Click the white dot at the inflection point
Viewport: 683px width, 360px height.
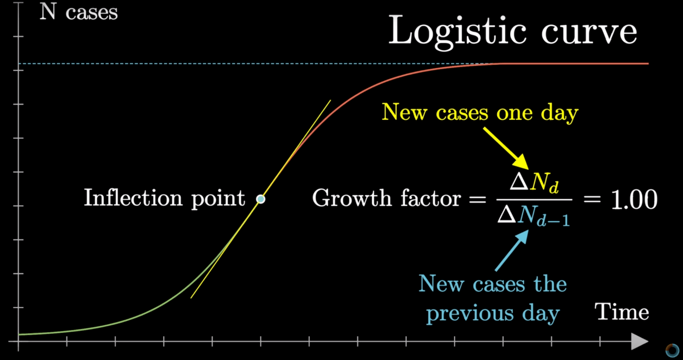pyautogui.click(x=261, y=199)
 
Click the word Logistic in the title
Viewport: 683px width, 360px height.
pyautogui.click(x=458, y=32)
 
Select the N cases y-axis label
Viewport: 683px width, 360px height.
pyautogui.click(x=79, y=12)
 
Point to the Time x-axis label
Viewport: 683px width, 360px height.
pyautogui.click(x=622, y=312)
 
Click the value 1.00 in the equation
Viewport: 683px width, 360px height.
pyautogui.click(x=634, y=199)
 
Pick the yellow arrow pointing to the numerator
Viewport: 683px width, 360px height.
pyautogui.click(x=506, y=149)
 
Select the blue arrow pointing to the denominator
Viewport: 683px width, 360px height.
pyautogui.click(x=512, y=250)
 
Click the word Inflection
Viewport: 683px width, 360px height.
pyautogui.click(x=134, y=198)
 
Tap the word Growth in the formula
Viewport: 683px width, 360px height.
pyautogui.click(x=352, y=198)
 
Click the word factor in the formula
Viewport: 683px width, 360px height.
pyautogui.click(x=431, y=198)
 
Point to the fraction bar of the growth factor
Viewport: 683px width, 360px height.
pyautogui.click(x=534, y=200)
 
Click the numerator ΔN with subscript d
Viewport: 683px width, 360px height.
pyautogui.click(x=534, y=182)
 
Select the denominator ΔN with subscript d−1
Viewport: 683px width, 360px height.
pyautogui.click(x=534, y=216)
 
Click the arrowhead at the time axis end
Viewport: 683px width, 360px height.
pyautogui.click(x=640, y=341)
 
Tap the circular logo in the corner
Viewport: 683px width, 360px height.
pyautogui.click(x=672, y=350)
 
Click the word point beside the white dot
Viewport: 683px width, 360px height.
pyautogui.click(x=218, y=199)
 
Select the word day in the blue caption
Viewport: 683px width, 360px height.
pyautogui.click(x=541, y=314)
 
